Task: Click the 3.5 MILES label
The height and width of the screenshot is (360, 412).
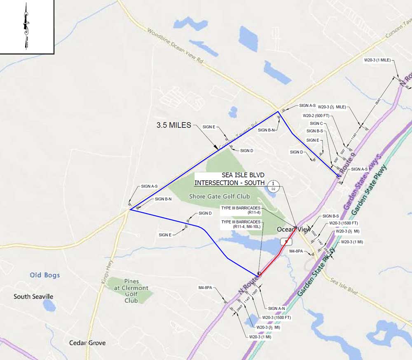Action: point(173,125)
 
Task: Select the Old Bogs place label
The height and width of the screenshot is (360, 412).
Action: point(45,275)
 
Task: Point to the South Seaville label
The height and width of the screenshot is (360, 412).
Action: point(33,296)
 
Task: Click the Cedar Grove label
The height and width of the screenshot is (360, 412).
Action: point(87,343)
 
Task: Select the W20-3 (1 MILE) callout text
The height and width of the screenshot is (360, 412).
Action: point(377,60)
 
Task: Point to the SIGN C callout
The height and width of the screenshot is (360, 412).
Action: point(316,123)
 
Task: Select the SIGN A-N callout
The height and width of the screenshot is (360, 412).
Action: point(276,308)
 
